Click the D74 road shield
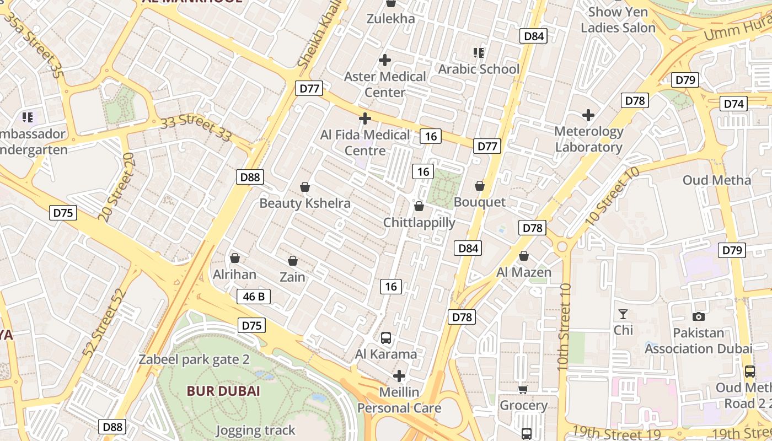tap(734, 104)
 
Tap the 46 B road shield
tap(254, 297)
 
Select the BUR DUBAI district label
tap(223, 391)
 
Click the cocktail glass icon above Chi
tap(623, 314)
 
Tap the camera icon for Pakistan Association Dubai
tap(699, 316)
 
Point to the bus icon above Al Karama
tap(386, 337)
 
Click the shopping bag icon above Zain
tap(293, 260)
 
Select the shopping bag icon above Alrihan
tap(235, 257)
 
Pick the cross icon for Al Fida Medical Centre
tap(364, 119)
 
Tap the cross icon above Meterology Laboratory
tap(588, 115)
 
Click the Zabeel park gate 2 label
tap(194, 360)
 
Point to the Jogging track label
tap(255, 431)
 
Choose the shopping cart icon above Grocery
tap(523, 389)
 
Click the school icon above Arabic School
tap(479, 53)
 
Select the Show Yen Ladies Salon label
tap(618, 19)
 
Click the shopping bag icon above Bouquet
tap(480, 186)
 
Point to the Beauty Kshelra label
tap(305, 203)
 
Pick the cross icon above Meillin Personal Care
tap(399, 377)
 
